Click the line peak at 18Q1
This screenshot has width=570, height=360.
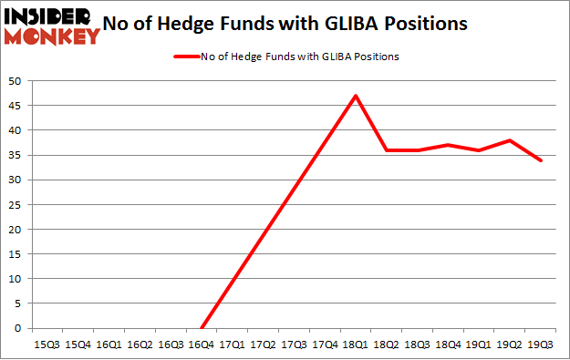coord(355,96)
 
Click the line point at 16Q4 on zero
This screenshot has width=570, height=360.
coord(202,328)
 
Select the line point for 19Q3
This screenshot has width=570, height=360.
coord(540,160)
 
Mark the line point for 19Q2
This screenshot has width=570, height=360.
coord(509,140)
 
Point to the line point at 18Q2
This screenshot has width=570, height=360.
coord(386,150)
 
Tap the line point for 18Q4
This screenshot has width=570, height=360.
coord(448,145)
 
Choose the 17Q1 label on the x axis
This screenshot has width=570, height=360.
coord(232,345)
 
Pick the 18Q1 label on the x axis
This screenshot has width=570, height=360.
coord(355,345)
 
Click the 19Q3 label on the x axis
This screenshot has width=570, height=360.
coord(540,345)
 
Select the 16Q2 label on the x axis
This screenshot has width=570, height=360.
coord(140,345)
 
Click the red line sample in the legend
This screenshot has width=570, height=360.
coord(189,57)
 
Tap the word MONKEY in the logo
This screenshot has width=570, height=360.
coord(52,36)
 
